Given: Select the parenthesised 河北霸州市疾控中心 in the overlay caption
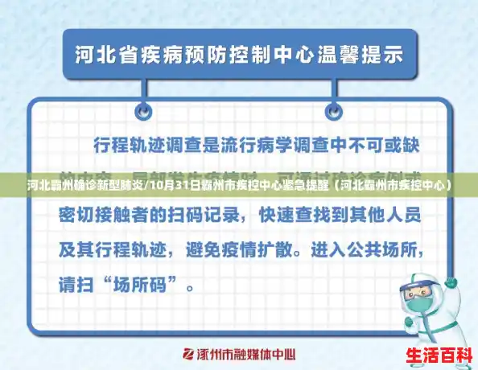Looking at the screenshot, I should (x=392, y=185).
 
